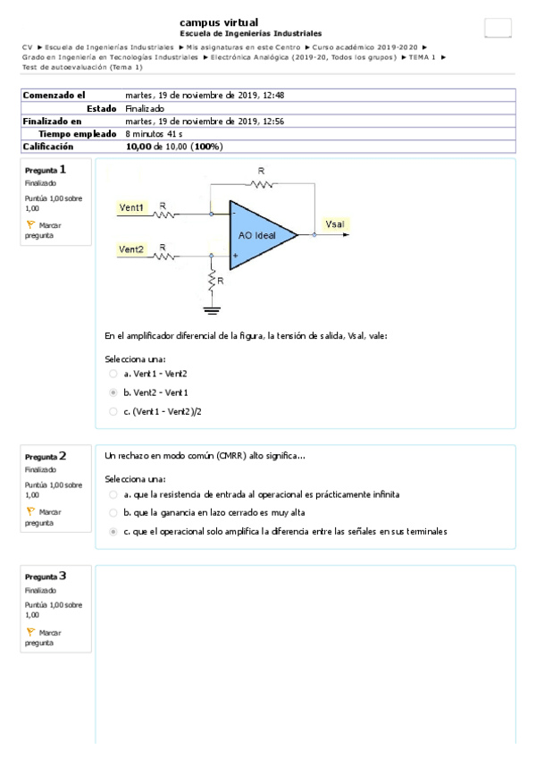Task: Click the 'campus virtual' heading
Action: [219, 21]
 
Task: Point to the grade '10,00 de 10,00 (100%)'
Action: [174, 147]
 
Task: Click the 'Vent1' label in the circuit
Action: [132, 207]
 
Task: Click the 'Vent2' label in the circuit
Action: [132, 248]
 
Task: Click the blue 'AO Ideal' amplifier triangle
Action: [260, 234]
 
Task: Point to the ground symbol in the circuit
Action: [212, 311]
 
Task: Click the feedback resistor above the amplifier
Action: [261, 184]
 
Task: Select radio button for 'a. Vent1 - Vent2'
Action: [113, 374]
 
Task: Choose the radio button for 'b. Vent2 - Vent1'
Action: [113, 392]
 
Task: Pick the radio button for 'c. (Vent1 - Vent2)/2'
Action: [113, 411]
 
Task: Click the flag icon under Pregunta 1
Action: [30, 226]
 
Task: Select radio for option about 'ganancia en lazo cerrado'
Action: [113, 512]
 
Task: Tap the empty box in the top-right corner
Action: [498, 28]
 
